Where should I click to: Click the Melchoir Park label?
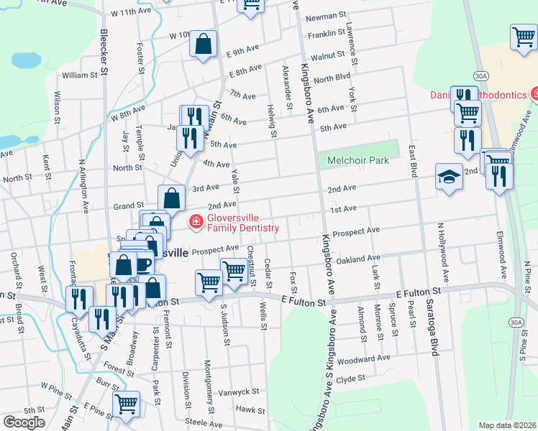[358, 160]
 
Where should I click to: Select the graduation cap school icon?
[449, 178]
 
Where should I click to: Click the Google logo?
[23, 422]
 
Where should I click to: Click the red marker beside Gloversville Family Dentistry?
[195, 223]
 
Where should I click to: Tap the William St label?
[79, 75]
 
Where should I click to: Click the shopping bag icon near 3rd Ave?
[172, 198]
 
